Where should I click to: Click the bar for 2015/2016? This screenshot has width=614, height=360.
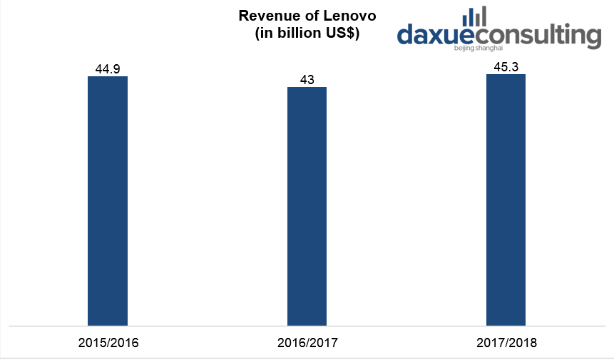click(x=108, y=201)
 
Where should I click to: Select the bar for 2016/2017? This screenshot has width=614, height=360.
click(x=307, y=207)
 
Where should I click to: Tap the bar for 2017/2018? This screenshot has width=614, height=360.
click(x=506, y=200)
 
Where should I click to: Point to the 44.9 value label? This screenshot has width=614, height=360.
click(x=108, y=69)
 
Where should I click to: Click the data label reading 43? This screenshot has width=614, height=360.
click(x=307, y=80)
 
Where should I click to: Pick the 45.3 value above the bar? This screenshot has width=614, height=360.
click(x=506, y=67)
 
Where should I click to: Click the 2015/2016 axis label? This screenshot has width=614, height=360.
click(x=108, y=343)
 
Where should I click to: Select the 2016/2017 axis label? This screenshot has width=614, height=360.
click(x=307, y=343)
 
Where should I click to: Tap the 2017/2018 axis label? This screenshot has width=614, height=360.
click(x=506, y=343)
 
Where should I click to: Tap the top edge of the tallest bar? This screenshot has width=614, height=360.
click(x=506, y=75)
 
